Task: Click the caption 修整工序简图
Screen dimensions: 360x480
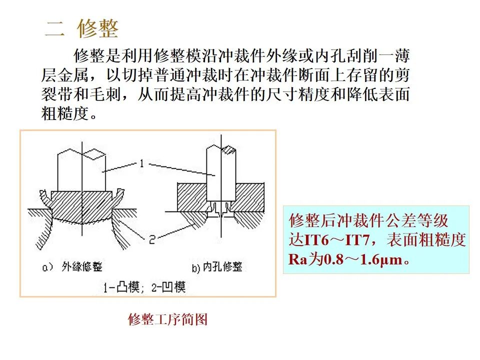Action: coord(167,319)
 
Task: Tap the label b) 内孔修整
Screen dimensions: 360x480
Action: coord(217,267)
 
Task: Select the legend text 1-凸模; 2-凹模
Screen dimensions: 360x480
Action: coord(144,287)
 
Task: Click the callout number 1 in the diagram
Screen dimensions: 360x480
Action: coord(141,163)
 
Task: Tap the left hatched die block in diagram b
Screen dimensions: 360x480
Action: coord(192,192)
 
